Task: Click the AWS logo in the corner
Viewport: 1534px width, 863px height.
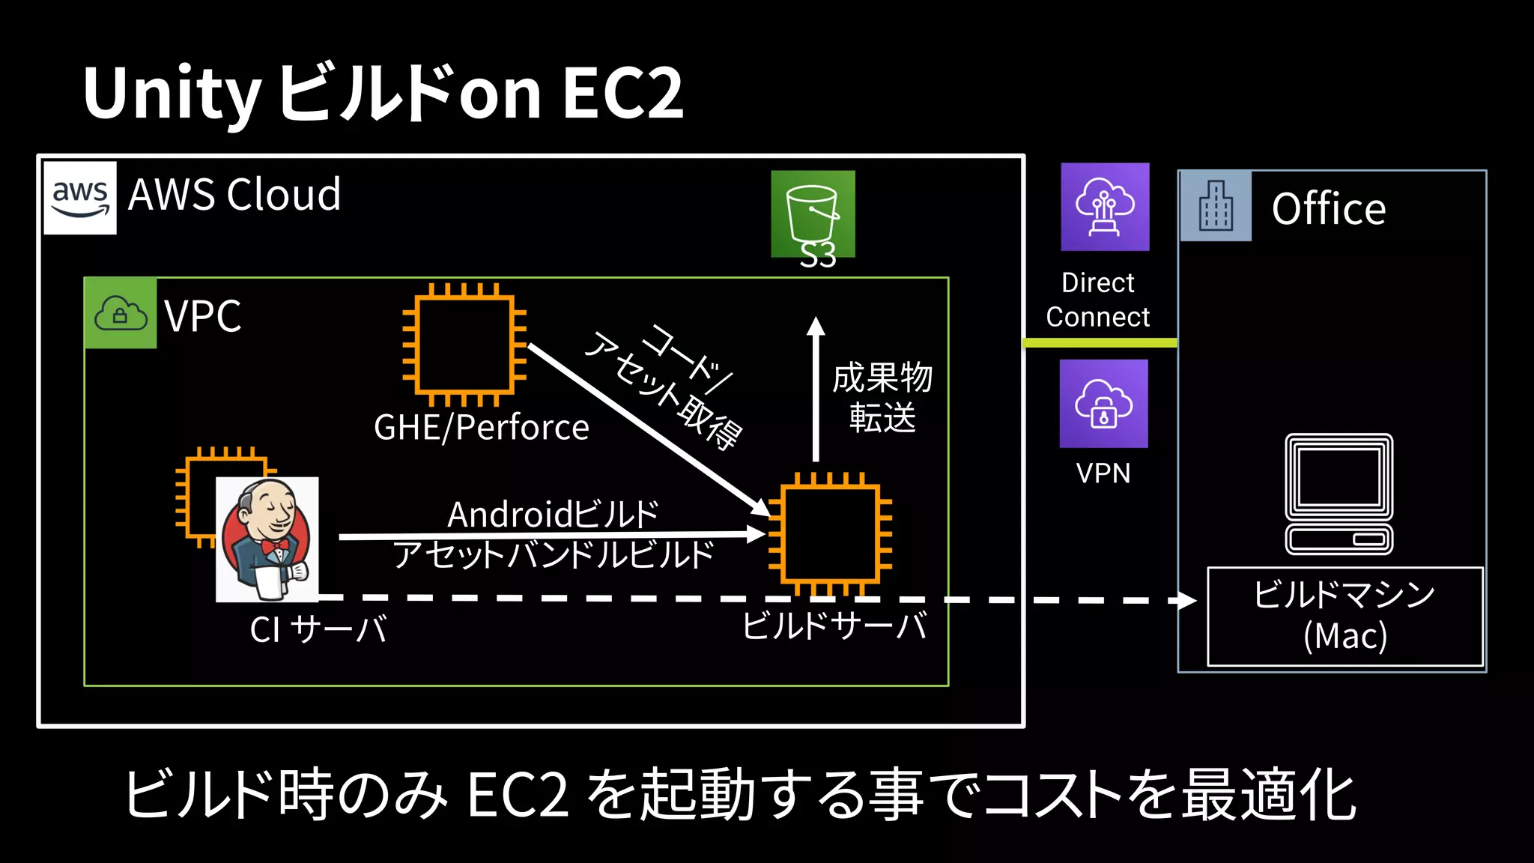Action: coord(80,198)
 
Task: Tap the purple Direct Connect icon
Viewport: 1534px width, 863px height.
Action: coord(1105,207)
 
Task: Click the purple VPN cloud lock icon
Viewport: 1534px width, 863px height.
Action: coord(1103,404)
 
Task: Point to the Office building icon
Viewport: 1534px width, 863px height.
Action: coord(1216,206)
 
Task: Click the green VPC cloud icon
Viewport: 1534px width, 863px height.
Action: coord(121,313)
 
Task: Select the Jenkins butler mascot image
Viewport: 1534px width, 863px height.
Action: coord(267,539)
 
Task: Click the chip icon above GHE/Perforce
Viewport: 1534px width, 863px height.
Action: coord(464,344)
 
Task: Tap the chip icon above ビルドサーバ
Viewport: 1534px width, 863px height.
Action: coord(830,533)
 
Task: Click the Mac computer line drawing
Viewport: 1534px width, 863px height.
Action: coord(1339,494)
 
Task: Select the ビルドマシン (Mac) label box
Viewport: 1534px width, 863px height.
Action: coord(1344,616)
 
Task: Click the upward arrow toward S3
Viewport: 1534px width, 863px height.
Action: coord(816,390)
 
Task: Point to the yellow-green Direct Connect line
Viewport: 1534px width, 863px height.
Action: coord(1100,342)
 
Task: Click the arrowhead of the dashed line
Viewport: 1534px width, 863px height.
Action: coord(1186,600)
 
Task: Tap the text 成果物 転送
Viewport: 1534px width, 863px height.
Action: coord(882,397)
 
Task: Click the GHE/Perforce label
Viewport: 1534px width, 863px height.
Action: coord(481,428)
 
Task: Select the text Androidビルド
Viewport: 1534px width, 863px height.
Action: coord(553,514)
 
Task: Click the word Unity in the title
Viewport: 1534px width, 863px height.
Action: coord(172,94)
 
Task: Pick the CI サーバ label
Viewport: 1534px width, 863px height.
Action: coord(318,629)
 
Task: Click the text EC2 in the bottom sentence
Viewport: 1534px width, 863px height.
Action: coord(518,795)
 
